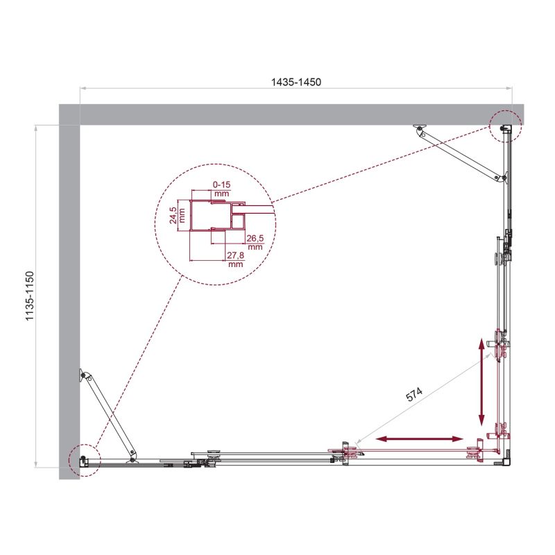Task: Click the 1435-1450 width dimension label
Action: [296, 81]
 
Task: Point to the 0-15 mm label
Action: [222, 189]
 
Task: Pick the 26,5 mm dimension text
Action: [254, 242]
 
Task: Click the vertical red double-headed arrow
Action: [481, 382]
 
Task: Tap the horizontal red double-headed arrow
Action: [420, 439]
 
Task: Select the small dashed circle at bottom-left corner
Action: [84, 459]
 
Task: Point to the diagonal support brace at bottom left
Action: [108, 417]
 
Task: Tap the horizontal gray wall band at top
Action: [291, 114]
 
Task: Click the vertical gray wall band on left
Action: [69, 291]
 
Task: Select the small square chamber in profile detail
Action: [238, 221]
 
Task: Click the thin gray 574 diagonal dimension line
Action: [423, 400]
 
